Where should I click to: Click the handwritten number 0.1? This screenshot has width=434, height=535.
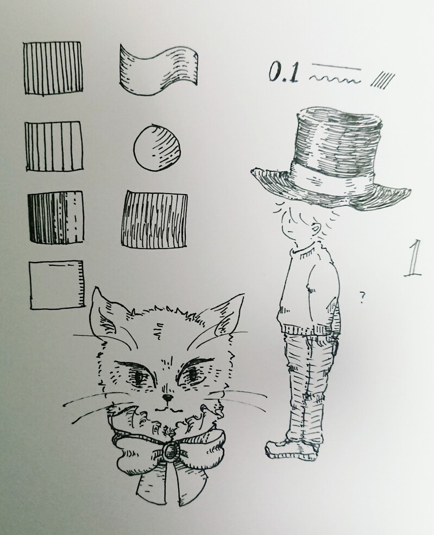tap(284, 72)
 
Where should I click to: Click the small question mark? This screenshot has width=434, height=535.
tap(361, 297)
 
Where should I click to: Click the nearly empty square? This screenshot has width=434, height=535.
tap(56, 285)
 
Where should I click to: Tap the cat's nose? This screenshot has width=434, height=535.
tap(167, 397)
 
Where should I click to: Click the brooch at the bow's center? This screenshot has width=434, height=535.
tap(169, 451)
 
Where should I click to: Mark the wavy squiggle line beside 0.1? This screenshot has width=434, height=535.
tap(335, 80)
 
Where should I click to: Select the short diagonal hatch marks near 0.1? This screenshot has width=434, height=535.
tap(382, 80)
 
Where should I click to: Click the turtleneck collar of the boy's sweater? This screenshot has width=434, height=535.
tap(303, 249)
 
